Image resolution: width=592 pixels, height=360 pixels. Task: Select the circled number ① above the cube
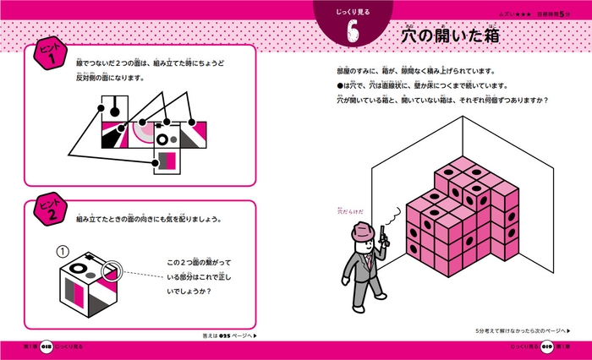coord(60,251)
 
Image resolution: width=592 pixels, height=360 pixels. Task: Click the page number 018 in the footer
coord(51,349)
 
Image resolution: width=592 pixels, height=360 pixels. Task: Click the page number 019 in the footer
coord(540,349)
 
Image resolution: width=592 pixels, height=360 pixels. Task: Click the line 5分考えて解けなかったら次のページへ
coord(523,332)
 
